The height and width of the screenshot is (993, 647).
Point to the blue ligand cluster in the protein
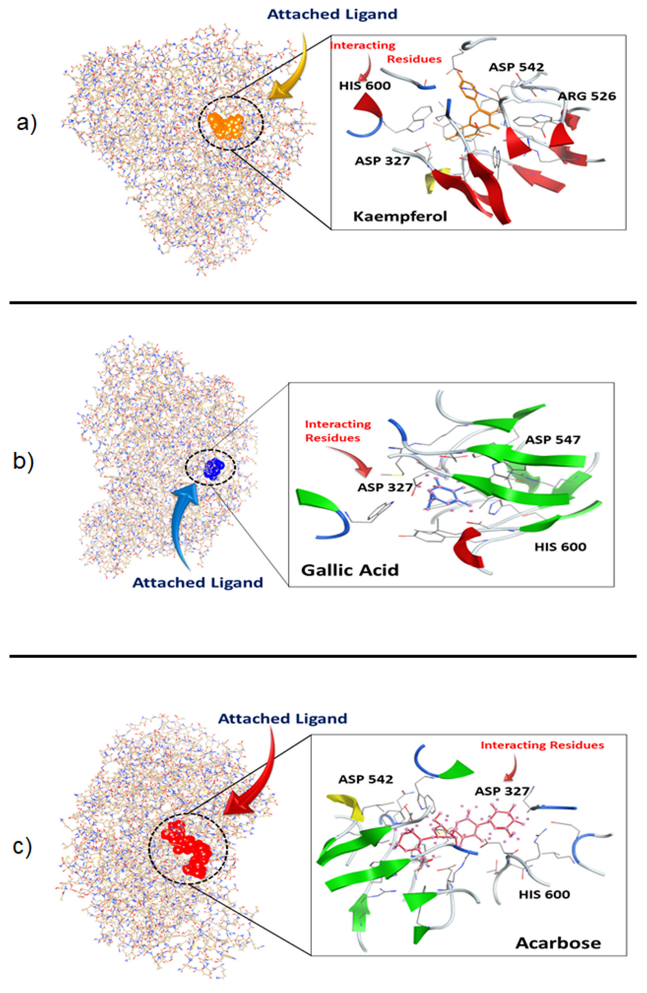click(214, 468)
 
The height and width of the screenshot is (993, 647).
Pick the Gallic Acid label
click(350, 569)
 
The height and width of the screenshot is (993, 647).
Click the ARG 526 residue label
click(586, 96)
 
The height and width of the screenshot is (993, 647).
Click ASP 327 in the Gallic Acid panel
click(385, 487)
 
